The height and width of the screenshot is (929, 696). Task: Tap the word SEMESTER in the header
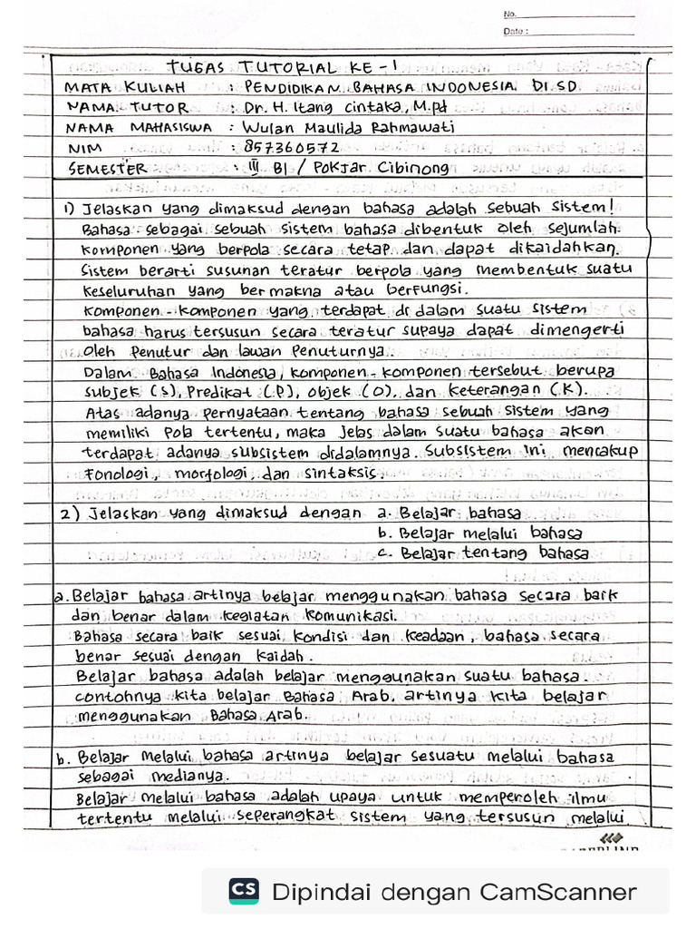pyautogui.click(x=107, y=168)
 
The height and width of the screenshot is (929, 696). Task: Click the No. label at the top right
pyautogui.click(x=510, y=15)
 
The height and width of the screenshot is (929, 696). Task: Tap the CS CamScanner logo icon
pyautogui.click(x=243, y=891)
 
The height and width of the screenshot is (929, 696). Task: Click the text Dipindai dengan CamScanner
pyautogui.click(x=453, y=891)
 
